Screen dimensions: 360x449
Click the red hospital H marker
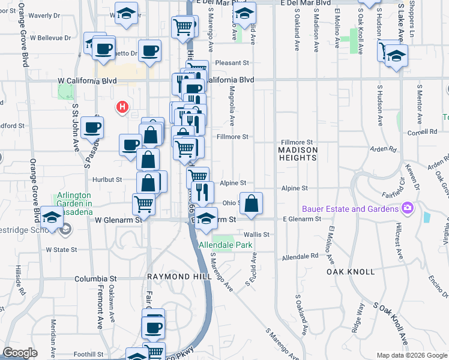pyautogui.click(x=122, y=107)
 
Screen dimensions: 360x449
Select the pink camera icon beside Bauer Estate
pyautogui.click(x=408, y=208)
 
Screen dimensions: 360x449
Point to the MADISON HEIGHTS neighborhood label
pyautogui.click(x=298, y=154)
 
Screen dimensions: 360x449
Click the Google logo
pyautogui.click(x=20, y=353)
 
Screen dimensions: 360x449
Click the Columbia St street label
pyautogui.click(x=95, y=279)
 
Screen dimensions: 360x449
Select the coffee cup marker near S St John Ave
pyautogui.click(x=92, y=127)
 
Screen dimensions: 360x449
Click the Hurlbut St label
pyautogui.click(x=107, y=179)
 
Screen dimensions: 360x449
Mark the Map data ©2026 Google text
pyautogui.click(x=411, y=355)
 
